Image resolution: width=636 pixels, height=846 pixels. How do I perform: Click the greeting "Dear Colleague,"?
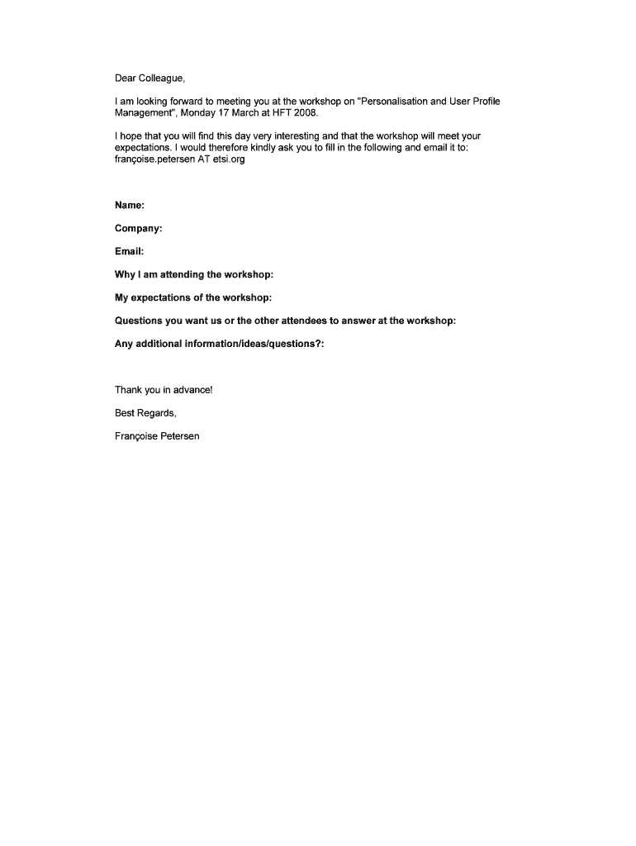[x=150, y=79]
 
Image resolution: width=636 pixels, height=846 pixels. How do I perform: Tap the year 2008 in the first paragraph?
[x=306, y=113]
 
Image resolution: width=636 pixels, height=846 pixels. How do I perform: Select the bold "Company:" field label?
[x=138, y=228]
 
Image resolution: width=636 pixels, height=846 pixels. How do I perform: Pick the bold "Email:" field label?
[x=129, y=251]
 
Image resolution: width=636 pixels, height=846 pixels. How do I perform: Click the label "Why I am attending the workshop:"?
[x=194, y=274]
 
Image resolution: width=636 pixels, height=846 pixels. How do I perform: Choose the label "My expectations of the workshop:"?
[x=193, y=297]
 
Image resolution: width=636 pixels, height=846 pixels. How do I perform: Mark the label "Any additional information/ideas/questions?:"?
[x=219, y=344]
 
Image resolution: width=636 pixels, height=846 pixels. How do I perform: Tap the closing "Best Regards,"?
[x=145, y=413]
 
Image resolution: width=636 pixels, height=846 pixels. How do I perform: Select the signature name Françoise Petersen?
[x=157, y=436]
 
